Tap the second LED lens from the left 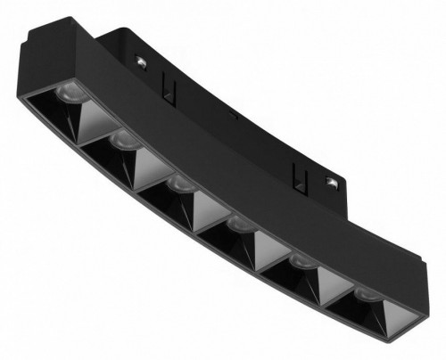click(x=124, y=140)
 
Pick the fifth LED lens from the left click(x=300, y=262)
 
